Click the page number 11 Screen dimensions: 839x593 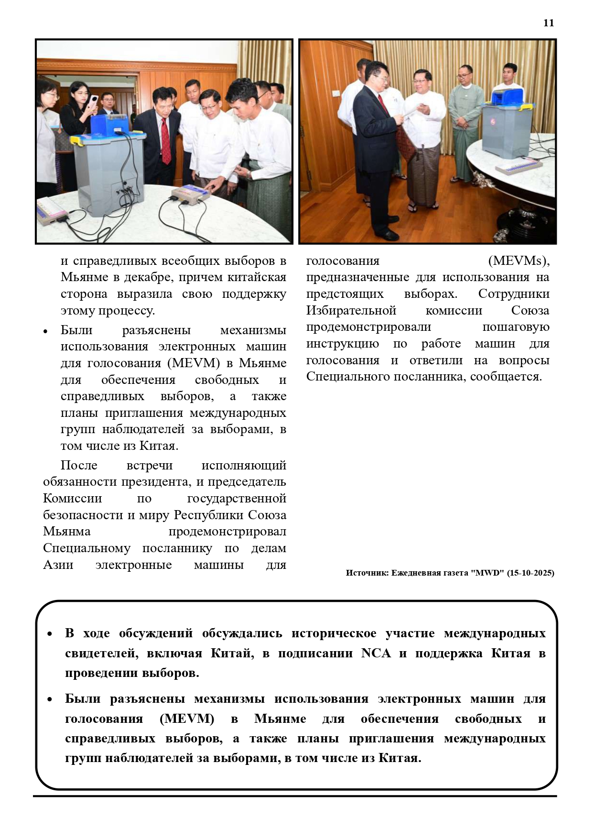tap(549, 23)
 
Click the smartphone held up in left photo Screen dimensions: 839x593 tap(94, 101)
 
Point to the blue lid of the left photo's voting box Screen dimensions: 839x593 tap(109, 124)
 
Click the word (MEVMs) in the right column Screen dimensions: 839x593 tap(518, 261)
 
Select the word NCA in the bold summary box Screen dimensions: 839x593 tap(376, 653)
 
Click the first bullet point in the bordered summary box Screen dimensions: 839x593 tap(50, 634)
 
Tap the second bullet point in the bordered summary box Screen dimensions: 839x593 tap(50, 699)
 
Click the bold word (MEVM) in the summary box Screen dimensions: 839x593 tap(187, 719)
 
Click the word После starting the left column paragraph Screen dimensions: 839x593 tap(79, 465)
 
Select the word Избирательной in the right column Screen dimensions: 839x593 tap(351, 310)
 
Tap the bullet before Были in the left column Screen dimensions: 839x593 tap(45, 331)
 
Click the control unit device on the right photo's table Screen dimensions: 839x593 tap(518, 165)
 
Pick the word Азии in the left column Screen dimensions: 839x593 tap(58, 565)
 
